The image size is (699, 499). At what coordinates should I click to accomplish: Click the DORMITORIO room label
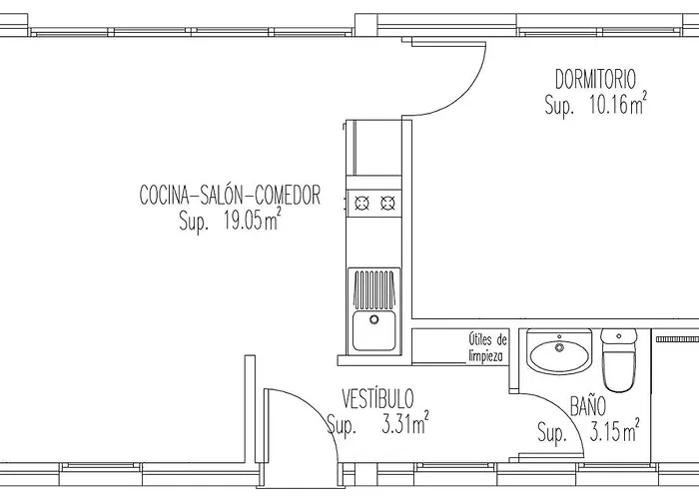(x=595, y=79)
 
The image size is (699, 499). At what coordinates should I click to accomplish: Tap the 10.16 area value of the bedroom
(x=609, y=105)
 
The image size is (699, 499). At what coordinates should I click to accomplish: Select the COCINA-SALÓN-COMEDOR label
(x=230, y=196)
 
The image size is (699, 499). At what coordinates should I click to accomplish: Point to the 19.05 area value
(x=244, y=221)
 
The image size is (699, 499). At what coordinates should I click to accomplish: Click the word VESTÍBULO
(x=377, y=399)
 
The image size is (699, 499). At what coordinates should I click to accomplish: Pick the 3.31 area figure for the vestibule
(x=396, y=425)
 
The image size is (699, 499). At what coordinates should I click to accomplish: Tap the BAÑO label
(x=588, y=406)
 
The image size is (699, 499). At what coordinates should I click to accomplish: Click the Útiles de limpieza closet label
(x=487, y=347)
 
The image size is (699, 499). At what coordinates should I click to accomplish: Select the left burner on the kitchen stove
(x=361, y=204)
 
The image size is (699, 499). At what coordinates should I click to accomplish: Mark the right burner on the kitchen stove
(x=387, y=204)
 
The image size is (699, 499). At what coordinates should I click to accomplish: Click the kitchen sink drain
(x=374, y=319)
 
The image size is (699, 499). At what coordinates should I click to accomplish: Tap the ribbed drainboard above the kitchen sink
(x=374, y=288)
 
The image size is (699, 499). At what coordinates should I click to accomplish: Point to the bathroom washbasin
(x=559, y=352)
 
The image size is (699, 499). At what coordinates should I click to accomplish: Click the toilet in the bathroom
(x=618, y=360)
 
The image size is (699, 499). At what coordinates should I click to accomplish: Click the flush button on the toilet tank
(x=618, y=336)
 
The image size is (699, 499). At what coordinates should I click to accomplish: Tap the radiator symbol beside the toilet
(x=677, y=339)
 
